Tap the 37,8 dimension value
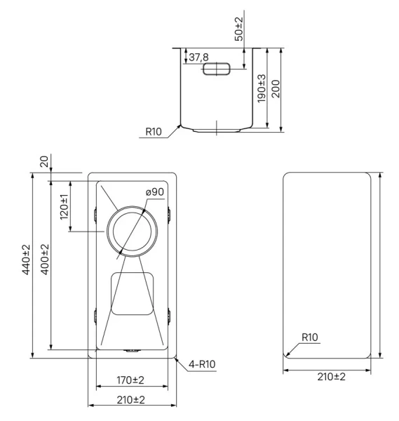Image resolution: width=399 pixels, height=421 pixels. point(198,57)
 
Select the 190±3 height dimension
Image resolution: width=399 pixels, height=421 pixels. point(261,89)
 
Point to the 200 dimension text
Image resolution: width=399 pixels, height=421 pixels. point(276,89)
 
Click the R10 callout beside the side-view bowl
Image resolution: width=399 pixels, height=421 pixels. point(154,131)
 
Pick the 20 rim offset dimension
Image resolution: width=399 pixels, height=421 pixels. point(44,162)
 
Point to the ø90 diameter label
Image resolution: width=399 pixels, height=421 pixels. point(155,192)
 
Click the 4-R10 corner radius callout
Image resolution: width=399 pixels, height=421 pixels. point(201,363)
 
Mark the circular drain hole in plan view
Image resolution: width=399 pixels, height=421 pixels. point(131,232)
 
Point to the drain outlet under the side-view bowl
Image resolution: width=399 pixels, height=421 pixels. point(217,130)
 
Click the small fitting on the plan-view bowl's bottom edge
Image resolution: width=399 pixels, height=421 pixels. point(131,349)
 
